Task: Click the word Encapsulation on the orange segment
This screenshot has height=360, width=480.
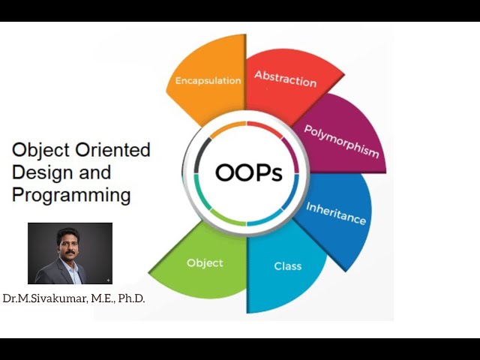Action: [x=208, y=80]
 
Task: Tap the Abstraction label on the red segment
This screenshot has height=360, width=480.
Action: [x=285, y=79]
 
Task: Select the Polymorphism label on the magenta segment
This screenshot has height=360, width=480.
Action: [x=341, y=140]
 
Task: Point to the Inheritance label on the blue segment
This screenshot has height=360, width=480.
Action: [x=335, y=214]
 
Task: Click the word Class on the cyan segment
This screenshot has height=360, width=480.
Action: [x=287, y=266]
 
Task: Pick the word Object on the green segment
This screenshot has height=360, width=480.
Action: [x=205, y=263]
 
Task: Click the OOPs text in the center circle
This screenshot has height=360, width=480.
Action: [x=248, y=173]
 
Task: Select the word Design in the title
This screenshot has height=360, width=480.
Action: [x=41, y=172]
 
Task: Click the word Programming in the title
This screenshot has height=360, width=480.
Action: [x=71, y=196]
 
